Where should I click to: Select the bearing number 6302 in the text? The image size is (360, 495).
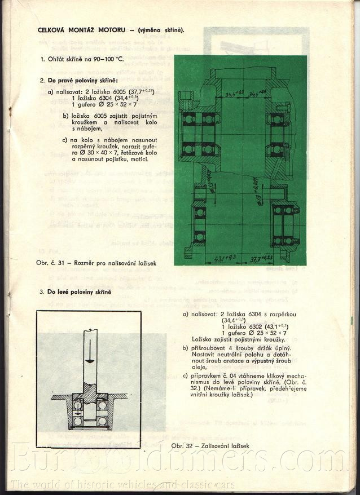tap(248, 326)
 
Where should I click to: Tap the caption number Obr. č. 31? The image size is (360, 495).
tap(51, 263)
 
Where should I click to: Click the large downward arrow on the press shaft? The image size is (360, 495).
tap(89, 360)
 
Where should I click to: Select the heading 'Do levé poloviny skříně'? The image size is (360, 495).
tap(80, 293)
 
